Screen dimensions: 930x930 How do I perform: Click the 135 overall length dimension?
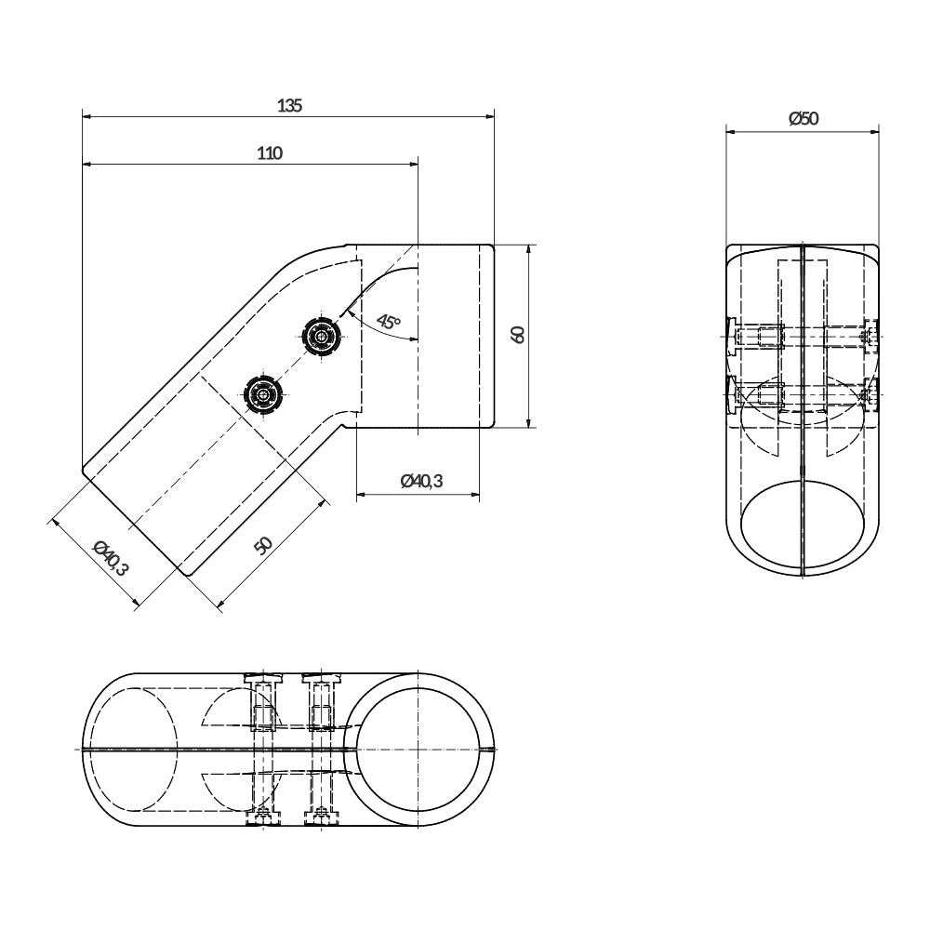click(290, 106)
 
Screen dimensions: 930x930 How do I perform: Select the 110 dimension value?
click(270, 153)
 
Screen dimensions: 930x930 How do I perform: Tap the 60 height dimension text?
click(517, 335)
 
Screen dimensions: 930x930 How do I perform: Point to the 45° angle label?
click(389, 323)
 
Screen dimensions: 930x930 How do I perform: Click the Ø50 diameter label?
click(804, 119)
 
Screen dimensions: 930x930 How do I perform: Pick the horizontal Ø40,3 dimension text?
click(421, 481)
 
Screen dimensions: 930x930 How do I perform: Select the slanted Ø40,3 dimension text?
click(111, 558)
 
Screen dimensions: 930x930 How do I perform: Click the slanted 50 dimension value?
click(262, 545)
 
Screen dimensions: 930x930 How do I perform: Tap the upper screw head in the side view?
click(321, 337)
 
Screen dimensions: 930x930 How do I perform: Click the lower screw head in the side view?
click(261, 392)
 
